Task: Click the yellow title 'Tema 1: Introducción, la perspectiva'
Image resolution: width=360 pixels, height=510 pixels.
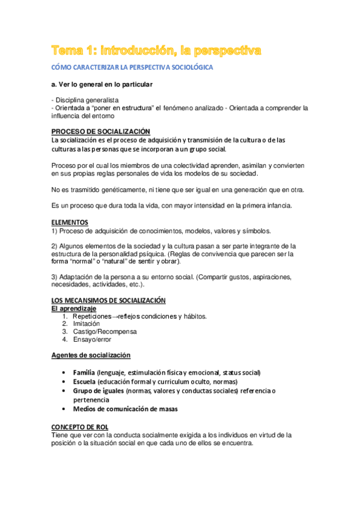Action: [x=156, y=51]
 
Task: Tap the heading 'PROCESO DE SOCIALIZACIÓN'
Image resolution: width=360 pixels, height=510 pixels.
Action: [x=100, y=132]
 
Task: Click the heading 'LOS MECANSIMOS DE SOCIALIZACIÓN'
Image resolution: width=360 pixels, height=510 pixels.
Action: [x=108, y=301]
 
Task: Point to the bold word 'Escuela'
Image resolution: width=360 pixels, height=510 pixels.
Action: [x=84, y=381]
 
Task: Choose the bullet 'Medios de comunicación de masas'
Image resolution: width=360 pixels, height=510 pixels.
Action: [x=125, y=409]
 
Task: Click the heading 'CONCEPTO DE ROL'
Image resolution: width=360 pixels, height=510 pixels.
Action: [x=79, y=426]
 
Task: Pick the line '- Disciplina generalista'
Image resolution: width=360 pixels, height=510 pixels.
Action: [x=85, y=100]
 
